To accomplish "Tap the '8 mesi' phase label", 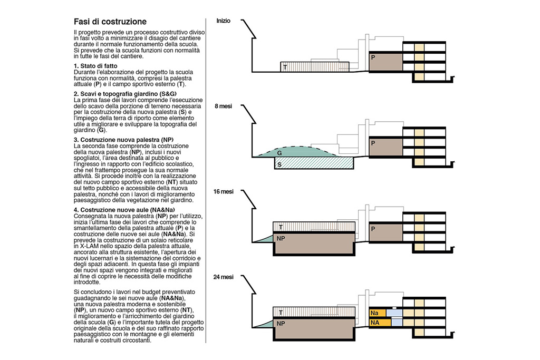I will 224,106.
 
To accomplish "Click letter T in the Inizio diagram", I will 285,67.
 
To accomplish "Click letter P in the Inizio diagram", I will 373,57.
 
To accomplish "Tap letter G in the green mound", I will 279,152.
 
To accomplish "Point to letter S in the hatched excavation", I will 279,164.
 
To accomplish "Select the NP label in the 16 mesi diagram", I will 281,238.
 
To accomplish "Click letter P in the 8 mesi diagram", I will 373,143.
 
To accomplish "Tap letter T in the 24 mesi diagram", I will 281,312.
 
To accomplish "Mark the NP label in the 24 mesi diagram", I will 281,323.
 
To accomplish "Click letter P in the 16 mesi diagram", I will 373,229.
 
